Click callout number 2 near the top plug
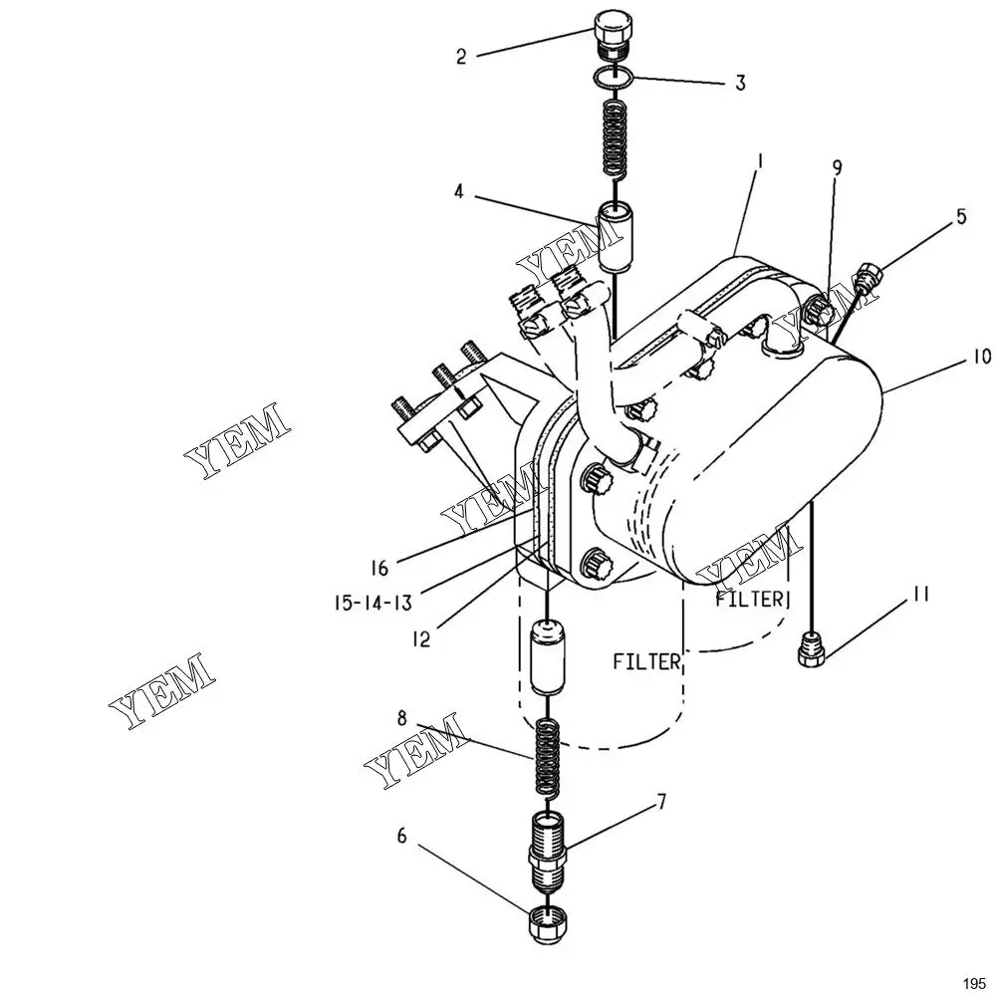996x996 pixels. [461, 57]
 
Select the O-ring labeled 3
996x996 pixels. [613, 78]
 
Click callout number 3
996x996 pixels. [740, 83]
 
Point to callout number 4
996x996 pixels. [459, 192]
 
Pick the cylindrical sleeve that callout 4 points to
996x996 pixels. [615, 236]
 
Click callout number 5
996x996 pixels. [961, 216]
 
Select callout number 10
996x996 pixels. [981, 357]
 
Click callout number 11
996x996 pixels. [921, 594]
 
